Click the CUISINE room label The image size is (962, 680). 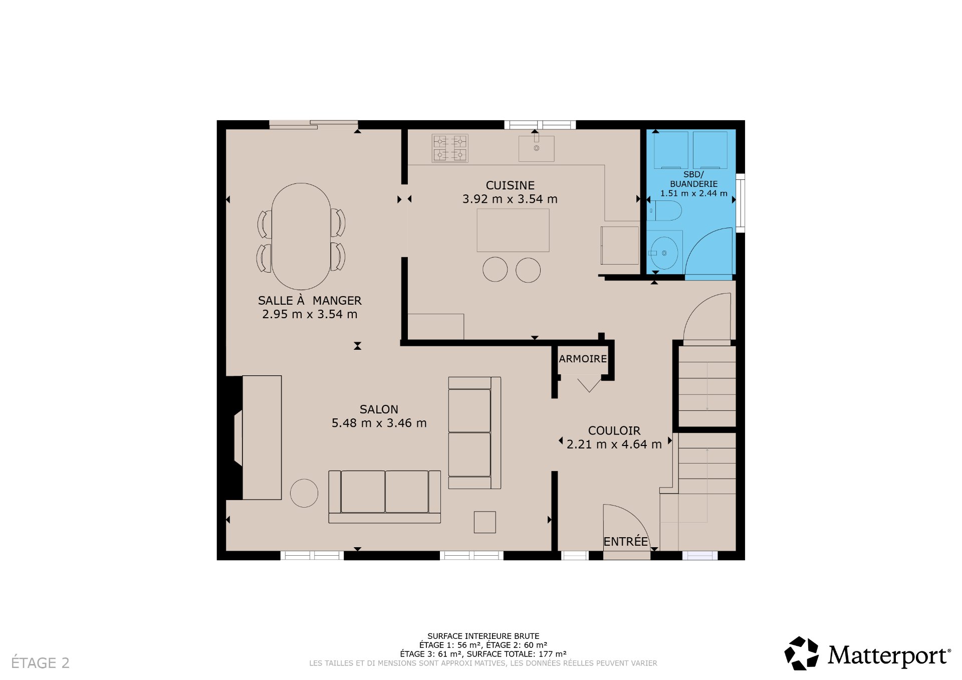pos(510,185)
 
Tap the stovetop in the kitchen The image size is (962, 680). pos(450,148)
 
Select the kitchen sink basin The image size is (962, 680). pos(536,149)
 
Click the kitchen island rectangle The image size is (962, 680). pos(513,231)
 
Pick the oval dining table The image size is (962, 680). pos(301,236)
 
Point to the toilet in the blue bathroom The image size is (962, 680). pos(666,211)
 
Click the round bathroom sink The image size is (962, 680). pos(664,253)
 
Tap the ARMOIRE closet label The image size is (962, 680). pos(583,359)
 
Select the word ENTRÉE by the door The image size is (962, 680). pos(625,542)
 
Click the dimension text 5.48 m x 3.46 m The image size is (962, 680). pos(379,423)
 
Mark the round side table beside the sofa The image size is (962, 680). pos(304,493)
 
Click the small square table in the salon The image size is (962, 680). pos(485,522)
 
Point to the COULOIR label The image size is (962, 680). pos(614,430)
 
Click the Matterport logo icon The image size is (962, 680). pos(801,653)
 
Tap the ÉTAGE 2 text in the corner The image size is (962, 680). pos(40,663)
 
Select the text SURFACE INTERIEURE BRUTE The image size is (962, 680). pos(483,636)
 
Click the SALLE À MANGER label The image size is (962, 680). pos(309,301)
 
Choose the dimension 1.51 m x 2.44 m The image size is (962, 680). pos(693,193)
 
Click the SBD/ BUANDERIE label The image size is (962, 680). pos(693,179)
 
